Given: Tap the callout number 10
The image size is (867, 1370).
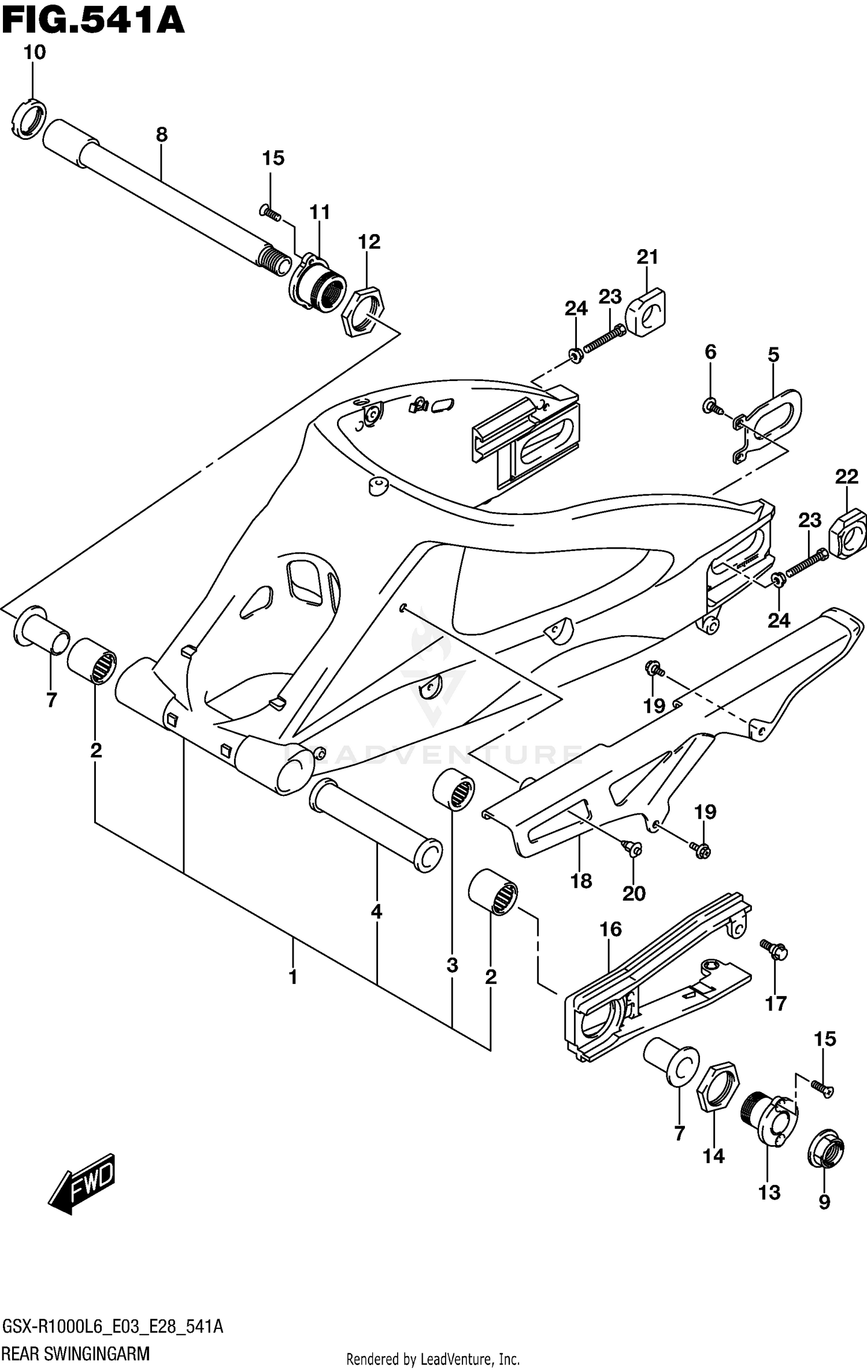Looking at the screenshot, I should tap(34, 53).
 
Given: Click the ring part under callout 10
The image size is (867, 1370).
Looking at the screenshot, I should tap(28, 119).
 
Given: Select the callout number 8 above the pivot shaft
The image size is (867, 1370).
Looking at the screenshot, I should tap(162, 135).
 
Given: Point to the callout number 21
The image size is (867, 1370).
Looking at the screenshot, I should tap(647, 257).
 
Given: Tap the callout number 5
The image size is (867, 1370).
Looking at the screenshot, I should tap(773, 354).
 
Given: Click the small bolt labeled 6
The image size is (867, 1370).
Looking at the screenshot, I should tap(711, 406).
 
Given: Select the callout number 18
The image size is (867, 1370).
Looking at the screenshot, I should tap(581, 881).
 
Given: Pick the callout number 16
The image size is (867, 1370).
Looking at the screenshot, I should tap(610, 929).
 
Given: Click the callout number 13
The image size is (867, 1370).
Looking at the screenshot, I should tap(769, 1193).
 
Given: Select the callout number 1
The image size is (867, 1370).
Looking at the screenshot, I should tap(293, 977).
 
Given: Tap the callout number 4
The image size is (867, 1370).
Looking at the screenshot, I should tap(376, 912).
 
